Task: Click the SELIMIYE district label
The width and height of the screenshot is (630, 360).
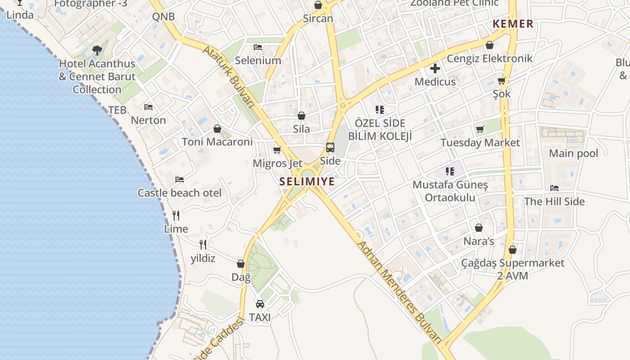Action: point(307,181)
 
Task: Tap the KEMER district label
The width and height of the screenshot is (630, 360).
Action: point(513,24)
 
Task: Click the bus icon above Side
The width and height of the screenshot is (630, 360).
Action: point(330,148)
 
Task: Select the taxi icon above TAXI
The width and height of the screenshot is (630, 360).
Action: point(260,304)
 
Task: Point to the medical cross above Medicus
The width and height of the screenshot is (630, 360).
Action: point(435,69)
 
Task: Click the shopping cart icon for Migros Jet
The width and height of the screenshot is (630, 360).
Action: point(277,150)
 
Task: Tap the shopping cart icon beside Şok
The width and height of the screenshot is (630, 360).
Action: point(502,81)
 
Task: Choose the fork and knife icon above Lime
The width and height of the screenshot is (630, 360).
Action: point(176,216)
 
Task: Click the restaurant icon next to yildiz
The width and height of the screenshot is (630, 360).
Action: point(203,245)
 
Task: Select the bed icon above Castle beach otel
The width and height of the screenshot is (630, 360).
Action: point(180,180)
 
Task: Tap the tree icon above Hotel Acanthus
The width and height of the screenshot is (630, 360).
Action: point(97,50)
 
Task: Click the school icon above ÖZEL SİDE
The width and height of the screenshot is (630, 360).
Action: point(380,109)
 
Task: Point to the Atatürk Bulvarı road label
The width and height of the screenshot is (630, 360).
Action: point(229,76)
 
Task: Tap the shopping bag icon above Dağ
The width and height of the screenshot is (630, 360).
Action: point(241,264)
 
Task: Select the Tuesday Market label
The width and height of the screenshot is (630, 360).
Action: point(480,143)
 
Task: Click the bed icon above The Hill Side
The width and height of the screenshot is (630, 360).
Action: point(554,188)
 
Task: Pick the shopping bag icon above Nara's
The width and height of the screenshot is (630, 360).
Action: point(479,228)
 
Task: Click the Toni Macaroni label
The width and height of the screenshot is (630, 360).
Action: point(217,142)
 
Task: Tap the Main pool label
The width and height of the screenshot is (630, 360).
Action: point(573,153)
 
